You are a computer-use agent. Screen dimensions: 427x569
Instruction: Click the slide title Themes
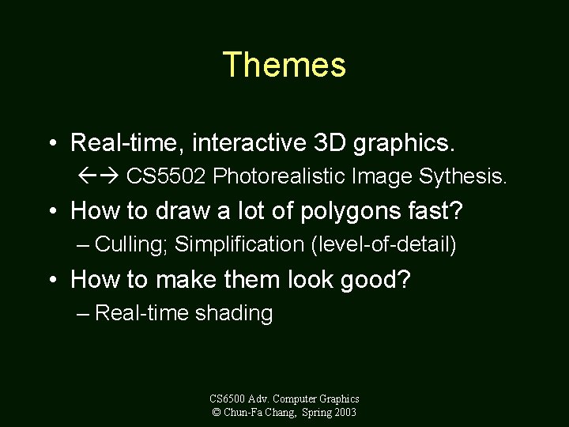pyautogui.click(x=284, y=65)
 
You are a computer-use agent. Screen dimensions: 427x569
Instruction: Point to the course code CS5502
pyautogui.click(x=166, y=176)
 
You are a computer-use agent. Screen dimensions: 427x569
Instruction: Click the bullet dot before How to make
pyautogui.click(x=52, y=280)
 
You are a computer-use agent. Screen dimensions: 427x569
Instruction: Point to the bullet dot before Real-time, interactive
pyautogui.click(x=52, y=143)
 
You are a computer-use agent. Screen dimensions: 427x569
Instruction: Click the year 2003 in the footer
pyautogui.click(x=344, y=412)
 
